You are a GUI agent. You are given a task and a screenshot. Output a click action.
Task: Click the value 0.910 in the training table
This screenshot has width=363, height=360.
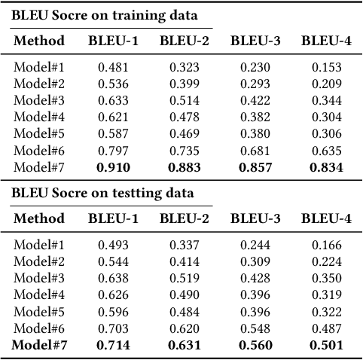click(112, 167)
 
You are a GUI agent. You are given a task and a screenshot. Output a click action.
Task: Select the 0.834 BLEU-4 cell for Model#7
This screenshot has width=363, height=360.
click(326, 167)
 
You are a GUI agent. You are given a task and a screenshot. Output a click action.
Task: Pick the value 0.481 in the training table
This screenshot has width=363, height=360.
click(112, 66)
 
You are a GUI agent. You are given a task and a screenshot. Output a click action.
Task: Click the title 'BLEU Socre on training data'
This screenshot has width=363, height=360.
click(105, 15)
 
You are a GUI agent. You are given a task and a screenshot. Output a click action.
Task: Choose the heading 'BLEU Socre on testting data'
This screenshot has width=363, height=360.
click(102, 193)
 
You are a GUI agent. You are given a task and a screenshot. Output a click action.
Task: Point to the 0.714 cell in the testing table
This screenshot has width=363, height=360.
click(112, 345)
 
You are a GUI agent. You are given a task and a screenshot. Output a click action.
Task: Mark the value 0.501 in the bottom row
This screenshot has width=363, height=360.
click(326, 345)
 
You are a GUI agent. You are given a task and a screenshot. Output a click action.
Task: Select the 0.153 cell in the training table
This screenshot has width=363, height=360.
click(326, 66)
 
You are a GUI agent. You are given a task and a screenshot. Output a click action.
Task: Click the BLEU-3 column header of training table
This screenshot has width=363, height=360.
click(255, 40)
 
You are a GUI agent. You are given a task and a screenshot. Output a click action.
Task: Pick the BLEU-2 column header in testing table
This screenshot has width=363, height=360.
click(184, 218)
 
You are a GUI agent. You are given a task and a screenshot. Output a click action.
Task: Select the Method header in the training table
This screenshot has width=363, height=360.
click(38, 40)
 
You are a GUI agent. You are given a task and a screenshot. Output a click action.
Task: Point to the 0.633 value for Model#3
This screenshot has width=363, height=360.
click(112, 100)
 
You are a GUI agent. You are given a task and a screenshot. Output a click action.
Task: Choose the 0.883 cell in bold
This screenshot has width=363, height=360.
click(184, 167)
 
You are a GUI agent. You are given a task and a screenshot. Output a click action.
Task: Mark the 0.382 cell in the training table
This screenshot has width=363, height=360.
click(255, 117)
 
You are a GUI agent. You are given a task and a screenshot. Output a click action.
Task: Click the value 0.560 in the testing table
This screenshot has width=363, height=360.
click(255, 345)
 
